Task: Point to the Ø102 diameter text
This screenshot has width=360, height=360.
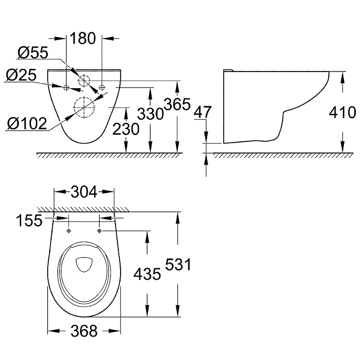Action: [x=27, y=123]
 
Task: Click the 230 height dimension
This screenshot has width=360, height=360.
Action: [x=126, y=129]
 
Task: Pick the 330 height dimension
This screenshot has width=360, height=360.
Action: [x=150, y=114]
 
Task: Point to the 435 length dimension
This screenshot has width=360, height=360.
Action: [x=146, y=274]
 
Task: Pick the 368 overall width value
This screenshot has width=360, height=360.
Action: [x=84, y=332]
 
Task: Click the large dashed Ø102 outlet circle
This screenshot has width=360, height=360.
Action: [x=83, y=108]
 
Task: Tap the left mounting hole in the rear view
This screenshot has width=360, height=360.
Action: [x=66, y=87]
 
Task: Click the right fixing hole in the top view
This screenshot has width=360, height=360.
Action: [x=99, y=231]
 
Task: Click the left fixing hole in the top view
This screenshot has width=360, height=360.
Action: [x=68, y=231]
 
